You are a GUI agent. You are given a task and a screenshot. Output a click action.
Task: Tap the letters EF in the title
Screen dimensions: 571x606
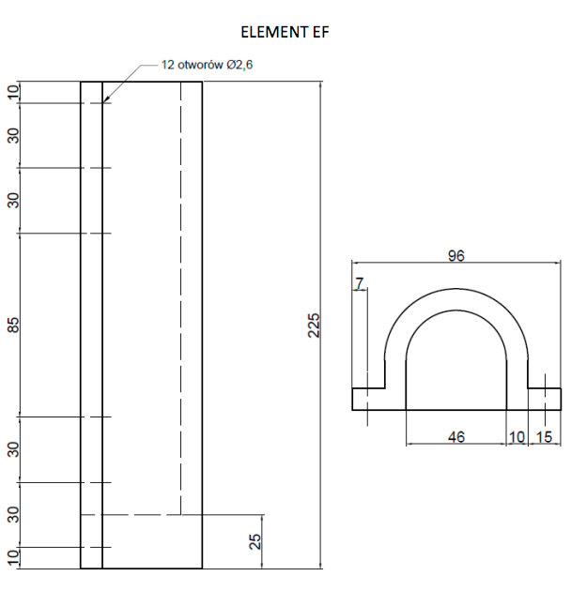tap(318, 32)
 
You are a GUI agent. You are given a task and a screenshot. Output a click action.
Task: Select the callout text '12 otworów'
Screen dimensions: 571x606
tap(192, 65)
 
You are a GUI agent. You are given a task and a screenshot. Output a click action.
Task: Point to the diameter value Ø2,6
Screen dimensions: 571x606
tap(239, 65)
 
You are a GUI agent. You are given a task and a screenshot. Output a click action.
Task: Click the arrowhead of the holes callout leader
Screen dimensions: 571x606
tap(105, 99)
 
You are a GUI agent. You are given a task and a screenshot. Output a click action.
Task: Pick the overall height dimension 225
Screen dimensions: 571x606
tap(314, 326)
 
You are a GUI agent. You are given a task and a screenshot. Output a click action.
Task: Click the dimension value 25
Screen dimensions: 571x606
tap(255, 542)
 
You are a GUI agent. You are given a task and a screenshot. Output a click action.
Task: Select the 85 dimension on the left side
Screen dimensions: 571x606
tap(13, 325)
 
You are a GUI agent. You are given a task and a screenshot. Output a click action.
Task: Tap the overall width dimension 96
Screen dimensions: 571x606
tap(456, 255)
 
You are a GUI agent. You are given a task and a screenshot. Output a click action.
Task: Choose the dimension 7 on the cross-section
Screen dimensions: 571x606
tap(360, 283)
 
